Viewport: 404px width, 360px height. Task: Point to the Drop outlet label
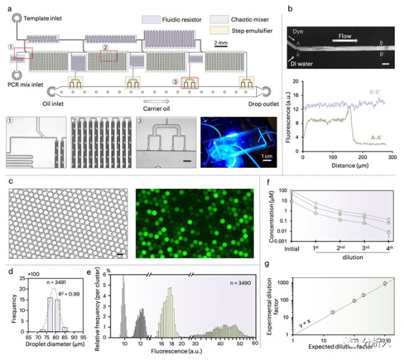(x=247, y=102)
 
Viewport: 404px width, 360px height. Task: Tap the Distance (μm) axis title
(x=342, y=166)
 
